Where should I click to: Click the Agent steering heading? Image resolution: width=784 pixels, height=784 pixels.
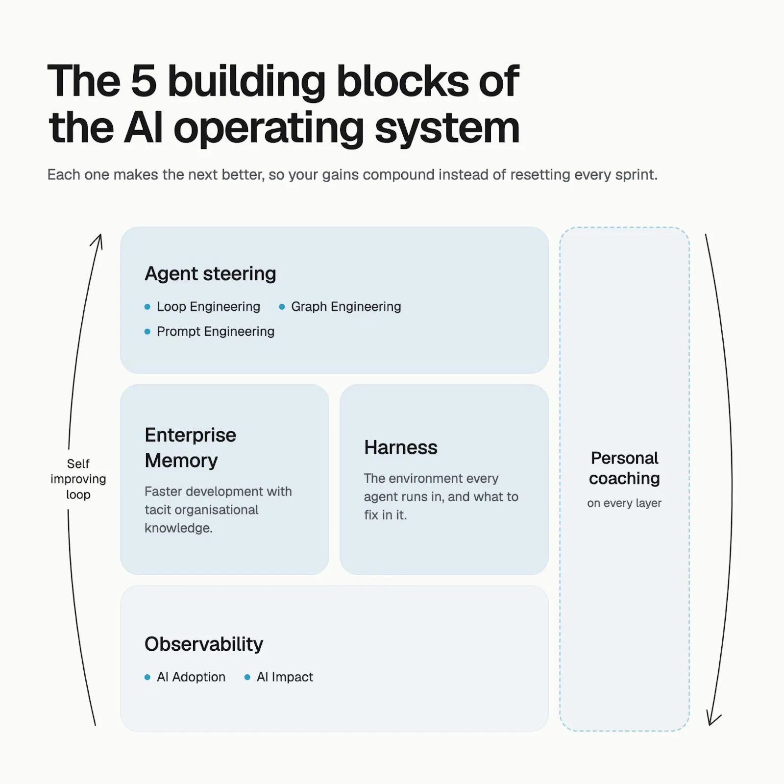click(x=210, y=274)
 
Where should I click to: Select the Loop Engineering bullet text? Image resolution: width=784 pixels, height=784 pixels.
click(x=208, y=307)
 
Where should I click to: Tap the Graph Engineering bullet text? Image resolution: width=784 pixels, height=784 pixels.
click(x=346, y=307)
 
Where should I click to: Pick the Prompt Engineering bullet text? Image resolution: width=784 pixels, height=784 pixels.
click(x=216, y=332)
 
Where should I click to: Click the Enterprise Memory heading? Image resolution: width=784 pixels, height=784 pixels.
click(x=191, y=448)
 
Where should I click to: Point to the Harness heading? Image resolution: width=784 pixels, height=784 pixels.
click(x=401, y=447)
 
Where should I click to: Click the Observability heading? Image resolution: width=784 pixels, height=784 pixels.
click(x=204, y=644)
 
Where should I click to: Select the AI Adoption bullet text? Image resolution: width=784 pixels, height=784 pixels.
click(x=191, y=677)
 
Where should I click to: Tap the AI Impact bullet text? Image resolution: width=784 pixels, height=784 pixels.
click(x=285, y=677)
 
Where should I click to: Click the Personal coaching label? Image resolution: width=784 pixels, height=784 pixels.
click(x=625, y=468)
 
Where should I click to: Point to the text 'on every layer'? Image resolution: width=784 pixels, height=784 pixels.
click(x=624, y=503)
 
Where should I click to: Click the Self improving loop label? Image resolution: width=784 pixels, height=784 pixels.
click(x=78, y=479)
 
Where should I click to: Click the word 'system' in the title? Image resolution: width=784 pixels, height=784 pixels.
click(x=447, y=128)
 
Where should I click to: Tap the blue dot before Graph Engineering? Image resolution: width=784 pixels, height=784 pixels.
click(x=282, y=307)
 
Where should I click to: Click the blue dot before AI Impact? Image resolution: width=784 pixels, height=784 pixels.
click(x=247, y=677)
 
